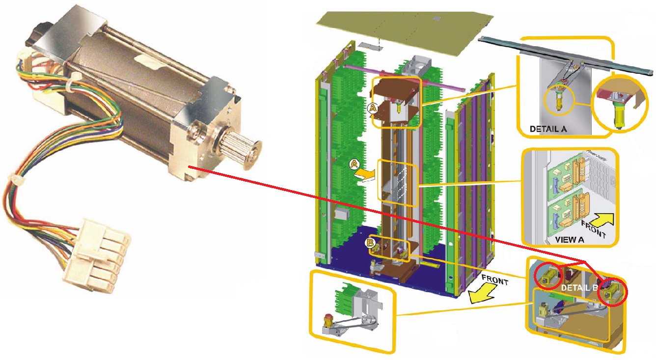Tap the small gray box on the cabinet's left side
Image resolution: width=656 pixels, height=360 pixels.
[x=340, y=215]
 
